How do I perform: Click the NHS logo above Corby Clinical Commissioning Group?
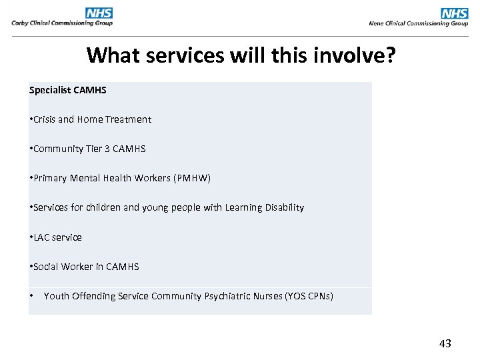coord(99,13)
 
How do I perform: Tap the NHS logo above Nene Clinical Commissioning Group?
coord(455,13)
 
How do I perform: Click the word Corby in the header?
coord(21,23)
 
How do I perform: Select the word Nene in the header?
coord(377,23)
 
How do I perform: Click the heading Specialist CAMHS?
coord(68,89)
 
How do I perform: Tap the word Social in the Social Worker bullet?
coord(45,266)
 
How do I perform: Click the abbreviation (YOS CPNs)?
coord(309,295)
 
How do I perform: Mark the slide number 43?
coord(445,343)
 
